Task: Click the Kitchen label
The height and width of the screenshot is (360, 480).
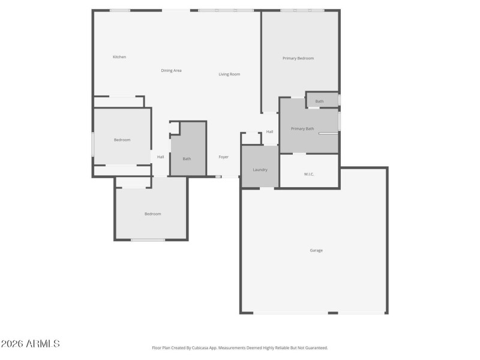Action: point(119,57)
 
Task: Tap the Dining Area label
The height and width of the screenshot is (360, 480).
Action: point(171,71)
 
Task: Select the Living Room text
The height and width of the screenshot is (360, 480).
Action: point(229,74)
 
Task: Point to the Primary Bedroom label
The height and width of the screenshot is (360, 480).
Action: point(298,58)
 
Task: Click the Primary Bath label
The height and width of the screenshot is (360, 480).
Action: point(302,129)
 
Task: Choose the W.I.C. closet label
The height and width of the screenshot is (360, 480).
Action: point(309,174)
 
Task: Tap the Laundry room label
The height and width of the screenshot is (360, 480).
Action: point(260,170)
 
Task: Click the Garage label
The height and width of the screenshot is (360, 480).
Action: point(316,250)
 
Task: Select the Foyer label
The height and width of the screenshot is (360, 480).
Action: point(223,157)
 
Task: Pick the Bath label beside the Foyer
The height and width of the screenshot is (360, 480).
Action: point(187,159)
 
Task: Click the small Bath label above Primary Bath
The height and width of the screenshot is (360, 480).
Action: point(319,101)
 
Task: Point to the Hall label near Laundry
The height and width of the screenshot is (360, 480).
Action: point(269,132)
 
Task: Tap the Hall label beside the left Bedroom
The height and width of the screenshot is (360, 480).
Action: point(160,157)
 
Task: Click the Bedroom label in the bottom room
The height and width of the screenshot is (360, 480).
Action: point(152,214)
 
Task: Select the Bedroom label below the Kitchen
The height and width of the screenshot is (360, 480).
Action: point(122,140)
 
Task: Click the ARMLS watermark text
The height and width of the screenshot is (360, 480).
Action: point(30,344)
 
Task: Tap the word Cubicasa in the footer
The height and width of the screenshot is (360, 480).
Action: point(199,347)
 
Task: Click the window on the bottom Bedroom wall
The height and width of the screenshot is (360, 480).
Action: point(148,240)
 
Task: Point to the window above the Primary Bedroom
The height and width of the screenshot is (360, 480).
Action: point(302,10)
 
